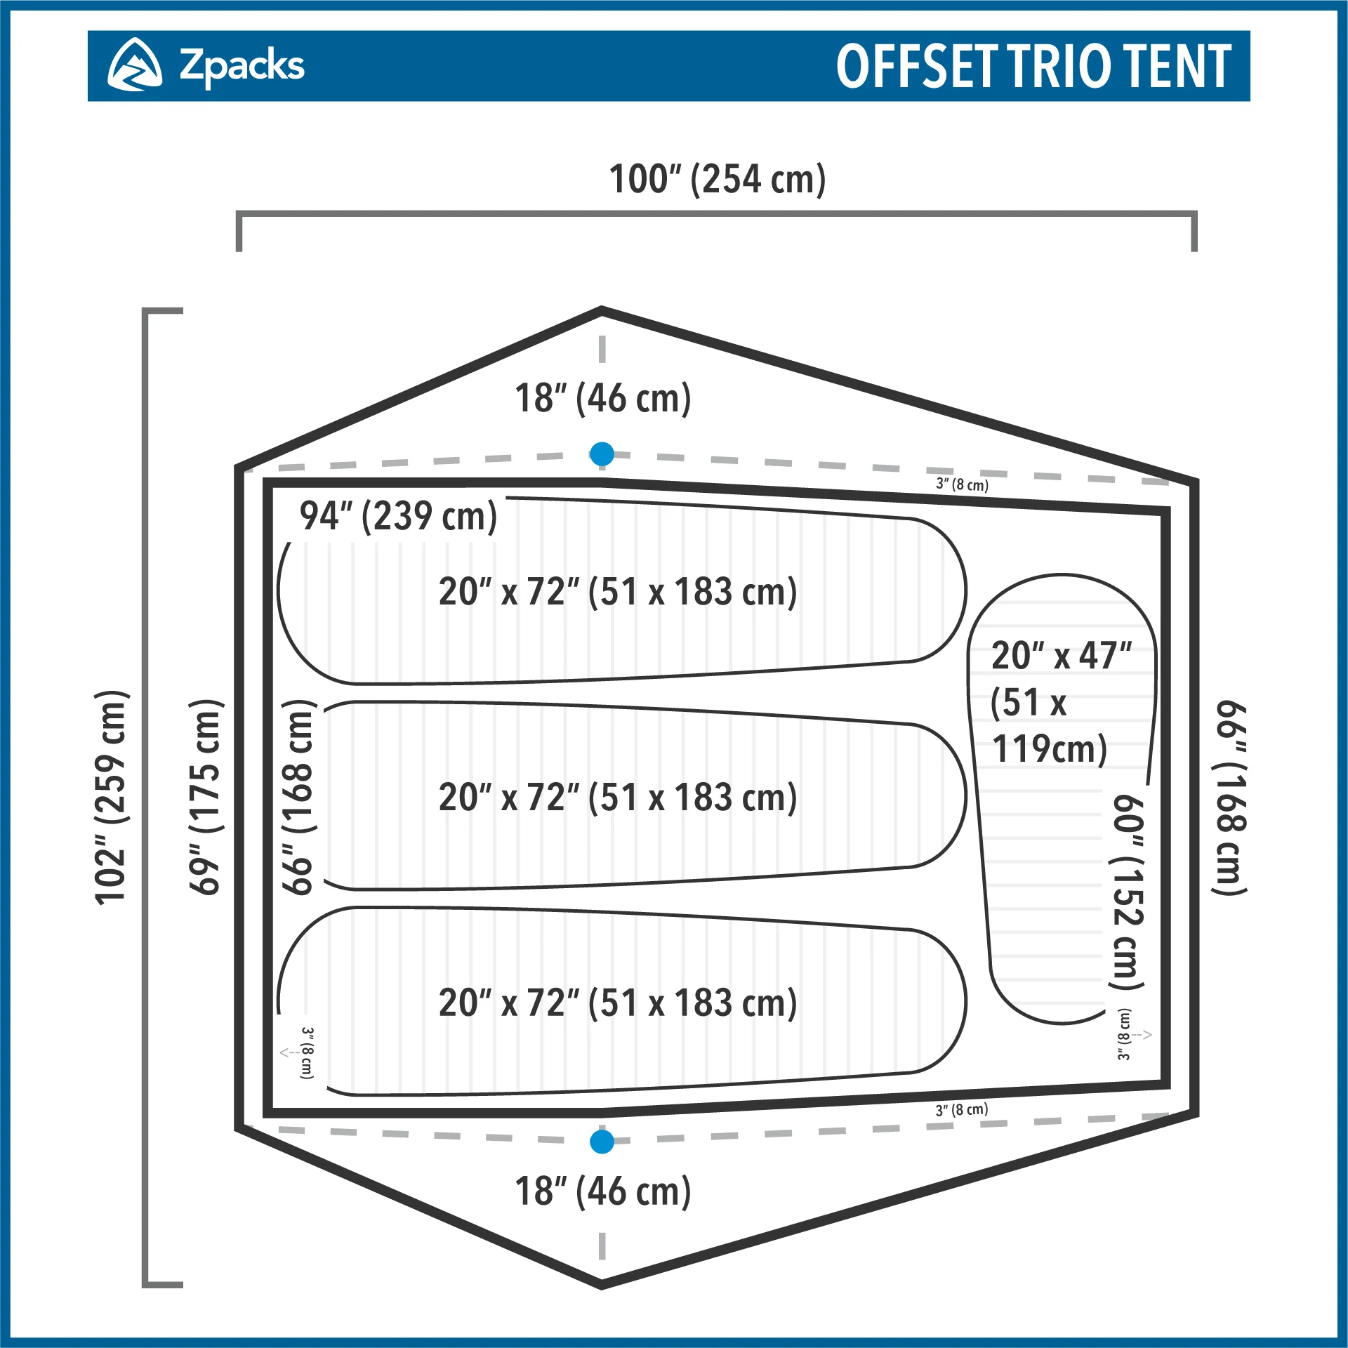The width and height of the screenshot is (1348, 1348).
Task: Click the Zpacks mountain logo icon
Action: (134, 65)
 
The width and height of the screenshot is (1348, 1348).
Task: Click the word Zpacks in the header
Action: (242, 66)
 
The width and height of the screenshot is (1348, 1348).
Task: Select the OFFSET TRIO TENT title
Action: (1033, 66)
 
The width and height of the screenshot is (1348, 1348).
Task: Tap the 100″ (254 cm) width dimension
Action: (717, 179)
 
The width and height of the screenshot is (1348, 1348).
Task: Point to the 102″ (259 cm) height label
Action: (112, 798)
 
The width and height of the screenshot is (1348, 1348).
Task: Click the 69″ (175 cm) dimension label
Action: (206, 798)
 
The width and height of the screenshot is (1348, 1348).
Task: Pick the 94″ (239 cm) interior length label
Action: (398, 516)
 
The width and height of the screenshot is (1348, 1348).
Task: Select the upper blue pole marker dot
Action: (602, 454)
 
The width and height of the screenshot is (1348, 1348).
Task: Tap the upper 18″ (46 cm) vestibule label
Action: (602, 398)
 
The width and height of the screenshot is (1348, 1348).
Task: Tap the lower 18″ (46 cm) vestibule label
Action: (602, 1191)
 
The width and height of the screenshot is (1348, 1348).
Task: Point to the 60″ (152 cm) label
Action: (1128, 892)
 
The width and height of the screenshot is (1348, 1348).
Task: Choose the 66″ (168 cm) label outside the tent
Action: (1229, 798)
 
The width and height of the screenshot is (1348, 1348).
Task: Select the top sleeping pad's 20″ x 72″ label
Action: (618, 592)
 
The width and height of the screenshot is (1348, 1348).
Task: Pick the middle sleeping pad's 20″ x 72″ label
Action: (618, 798)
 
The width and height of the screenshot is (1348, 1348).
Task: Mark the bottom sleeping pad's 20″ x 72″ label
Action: (618, 1003)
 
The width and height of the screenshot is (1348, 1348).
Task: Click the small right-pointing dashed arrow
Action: (1142, 1034)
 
